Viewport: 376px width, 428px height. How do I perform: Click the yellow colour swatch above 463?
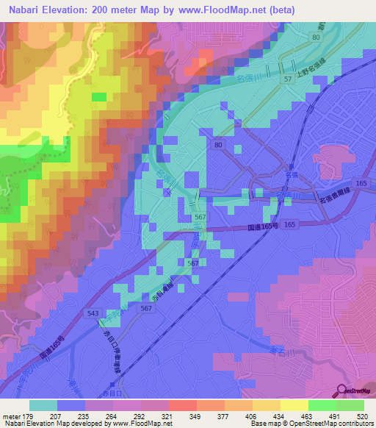pos(294,405)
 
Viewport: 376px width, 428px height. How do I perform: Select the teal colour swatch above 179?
pos(43,405)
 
